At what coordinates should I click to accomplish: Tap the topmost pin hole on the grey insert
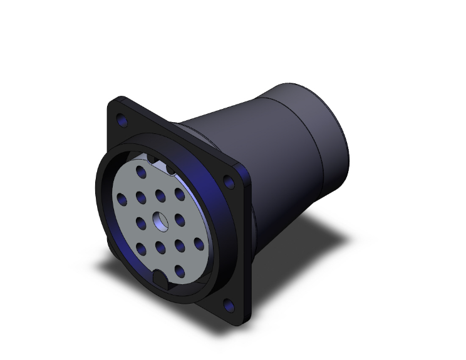pyautogui.click(x=142, y=170)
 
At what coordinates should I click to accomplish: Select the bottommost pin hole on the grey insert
pyautogui.click(x=180, y=272)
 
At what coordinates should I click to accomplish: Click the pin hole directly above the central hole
pyautogui.click(x=160, y=195)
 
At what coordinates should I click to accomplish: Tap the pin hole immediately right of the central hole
pyautogui.click(x=180, y=220)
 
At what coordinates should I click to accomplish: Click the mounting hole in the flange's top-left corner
pyautogui.click(x=120, y=120)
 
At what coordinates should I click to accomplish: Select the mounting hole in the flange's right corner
pyautogui.click(x=229, y=182)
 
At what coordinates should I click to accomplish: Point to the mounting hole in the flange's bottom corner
pyautogui.click(x=229, y=306)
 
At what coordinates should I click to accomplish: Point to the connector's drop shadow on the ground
pyautogui.click(x=313, y=250)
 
